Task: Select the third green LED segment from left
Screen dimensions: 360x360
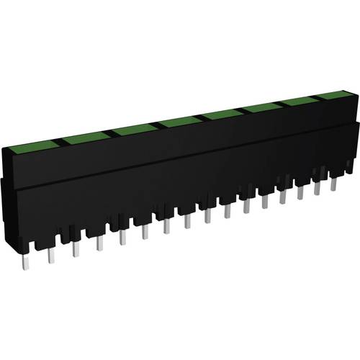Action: [x=135, y=130]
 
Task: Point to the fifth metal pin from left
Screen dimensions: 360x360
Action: [x=122, y=237]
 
